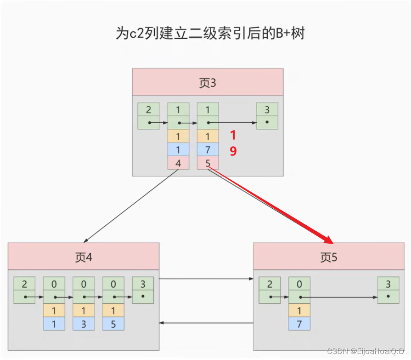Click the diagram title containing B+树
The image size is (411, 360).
click(210, 34)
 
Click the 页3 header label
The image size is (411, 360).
click(208, 83)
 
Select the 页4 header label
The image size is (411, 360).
click(84, 257)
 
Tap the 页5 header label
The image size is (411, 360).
click(329, 257)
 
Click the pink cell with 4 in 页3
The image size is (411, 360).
click(178, 163)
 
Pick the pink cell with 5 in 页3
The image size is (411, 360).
click(208, 163)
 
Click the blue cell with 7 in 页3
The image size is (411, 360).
click(208, 149)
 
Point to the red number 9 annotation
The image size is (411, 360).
click(233, 151)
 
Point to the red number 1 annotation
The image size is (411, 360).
click(233, 135)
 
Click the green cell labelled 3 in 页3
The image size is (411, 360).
click(267, 109)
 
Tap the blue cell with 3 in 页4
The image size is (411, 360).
click(84, 324)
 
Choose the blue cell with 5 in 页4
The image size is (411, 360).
click(113, 324)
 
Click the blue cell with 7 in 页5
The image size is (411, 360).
click(299, 324)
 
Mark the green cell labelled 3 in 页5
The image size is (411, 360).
click(388, 284)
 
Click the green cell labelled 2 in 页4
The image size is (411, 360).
click(24, 284)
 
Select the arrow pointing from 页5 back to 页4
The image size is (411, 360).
click(206, 323)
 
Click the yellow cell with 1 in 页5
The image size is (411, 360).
click(299, 310)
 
